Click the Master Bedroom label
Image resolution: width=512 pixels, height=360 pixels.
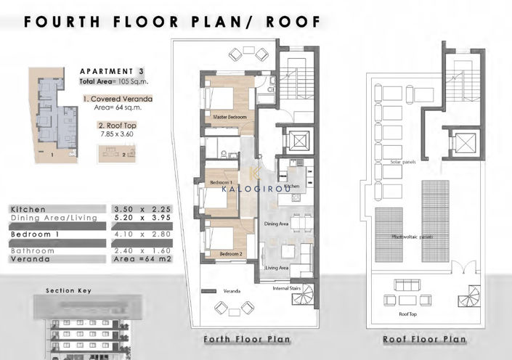click(x=230, y=117)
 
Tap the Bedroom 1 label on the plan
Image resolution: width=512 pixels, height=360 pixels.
click(x=221, y=181)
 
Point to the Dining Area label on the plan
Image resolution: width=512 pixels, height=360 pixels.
click(x=277, y=224)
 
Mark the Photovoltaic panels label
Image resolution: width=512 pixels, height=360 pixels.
click(x=413, y=237)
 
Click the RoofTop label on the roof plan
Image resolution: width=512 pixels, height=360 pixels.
click(x=408, y=315)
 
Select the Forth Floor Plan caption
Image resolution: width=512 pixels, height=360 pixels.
click(x=247, y=339)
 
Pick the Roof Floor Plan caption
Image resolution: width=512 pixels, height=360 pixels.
click(x=424, y=339)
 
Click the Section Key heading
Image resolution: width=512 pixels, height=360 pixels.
click(x=68, y=290)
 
